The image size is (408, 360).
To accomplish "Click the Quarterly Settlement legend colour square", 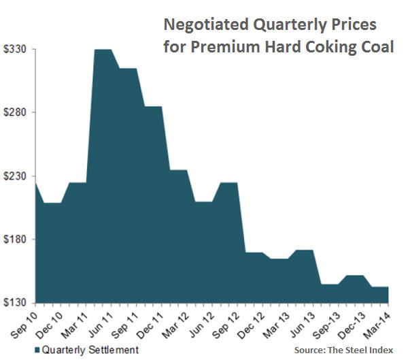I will (37, 350).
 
